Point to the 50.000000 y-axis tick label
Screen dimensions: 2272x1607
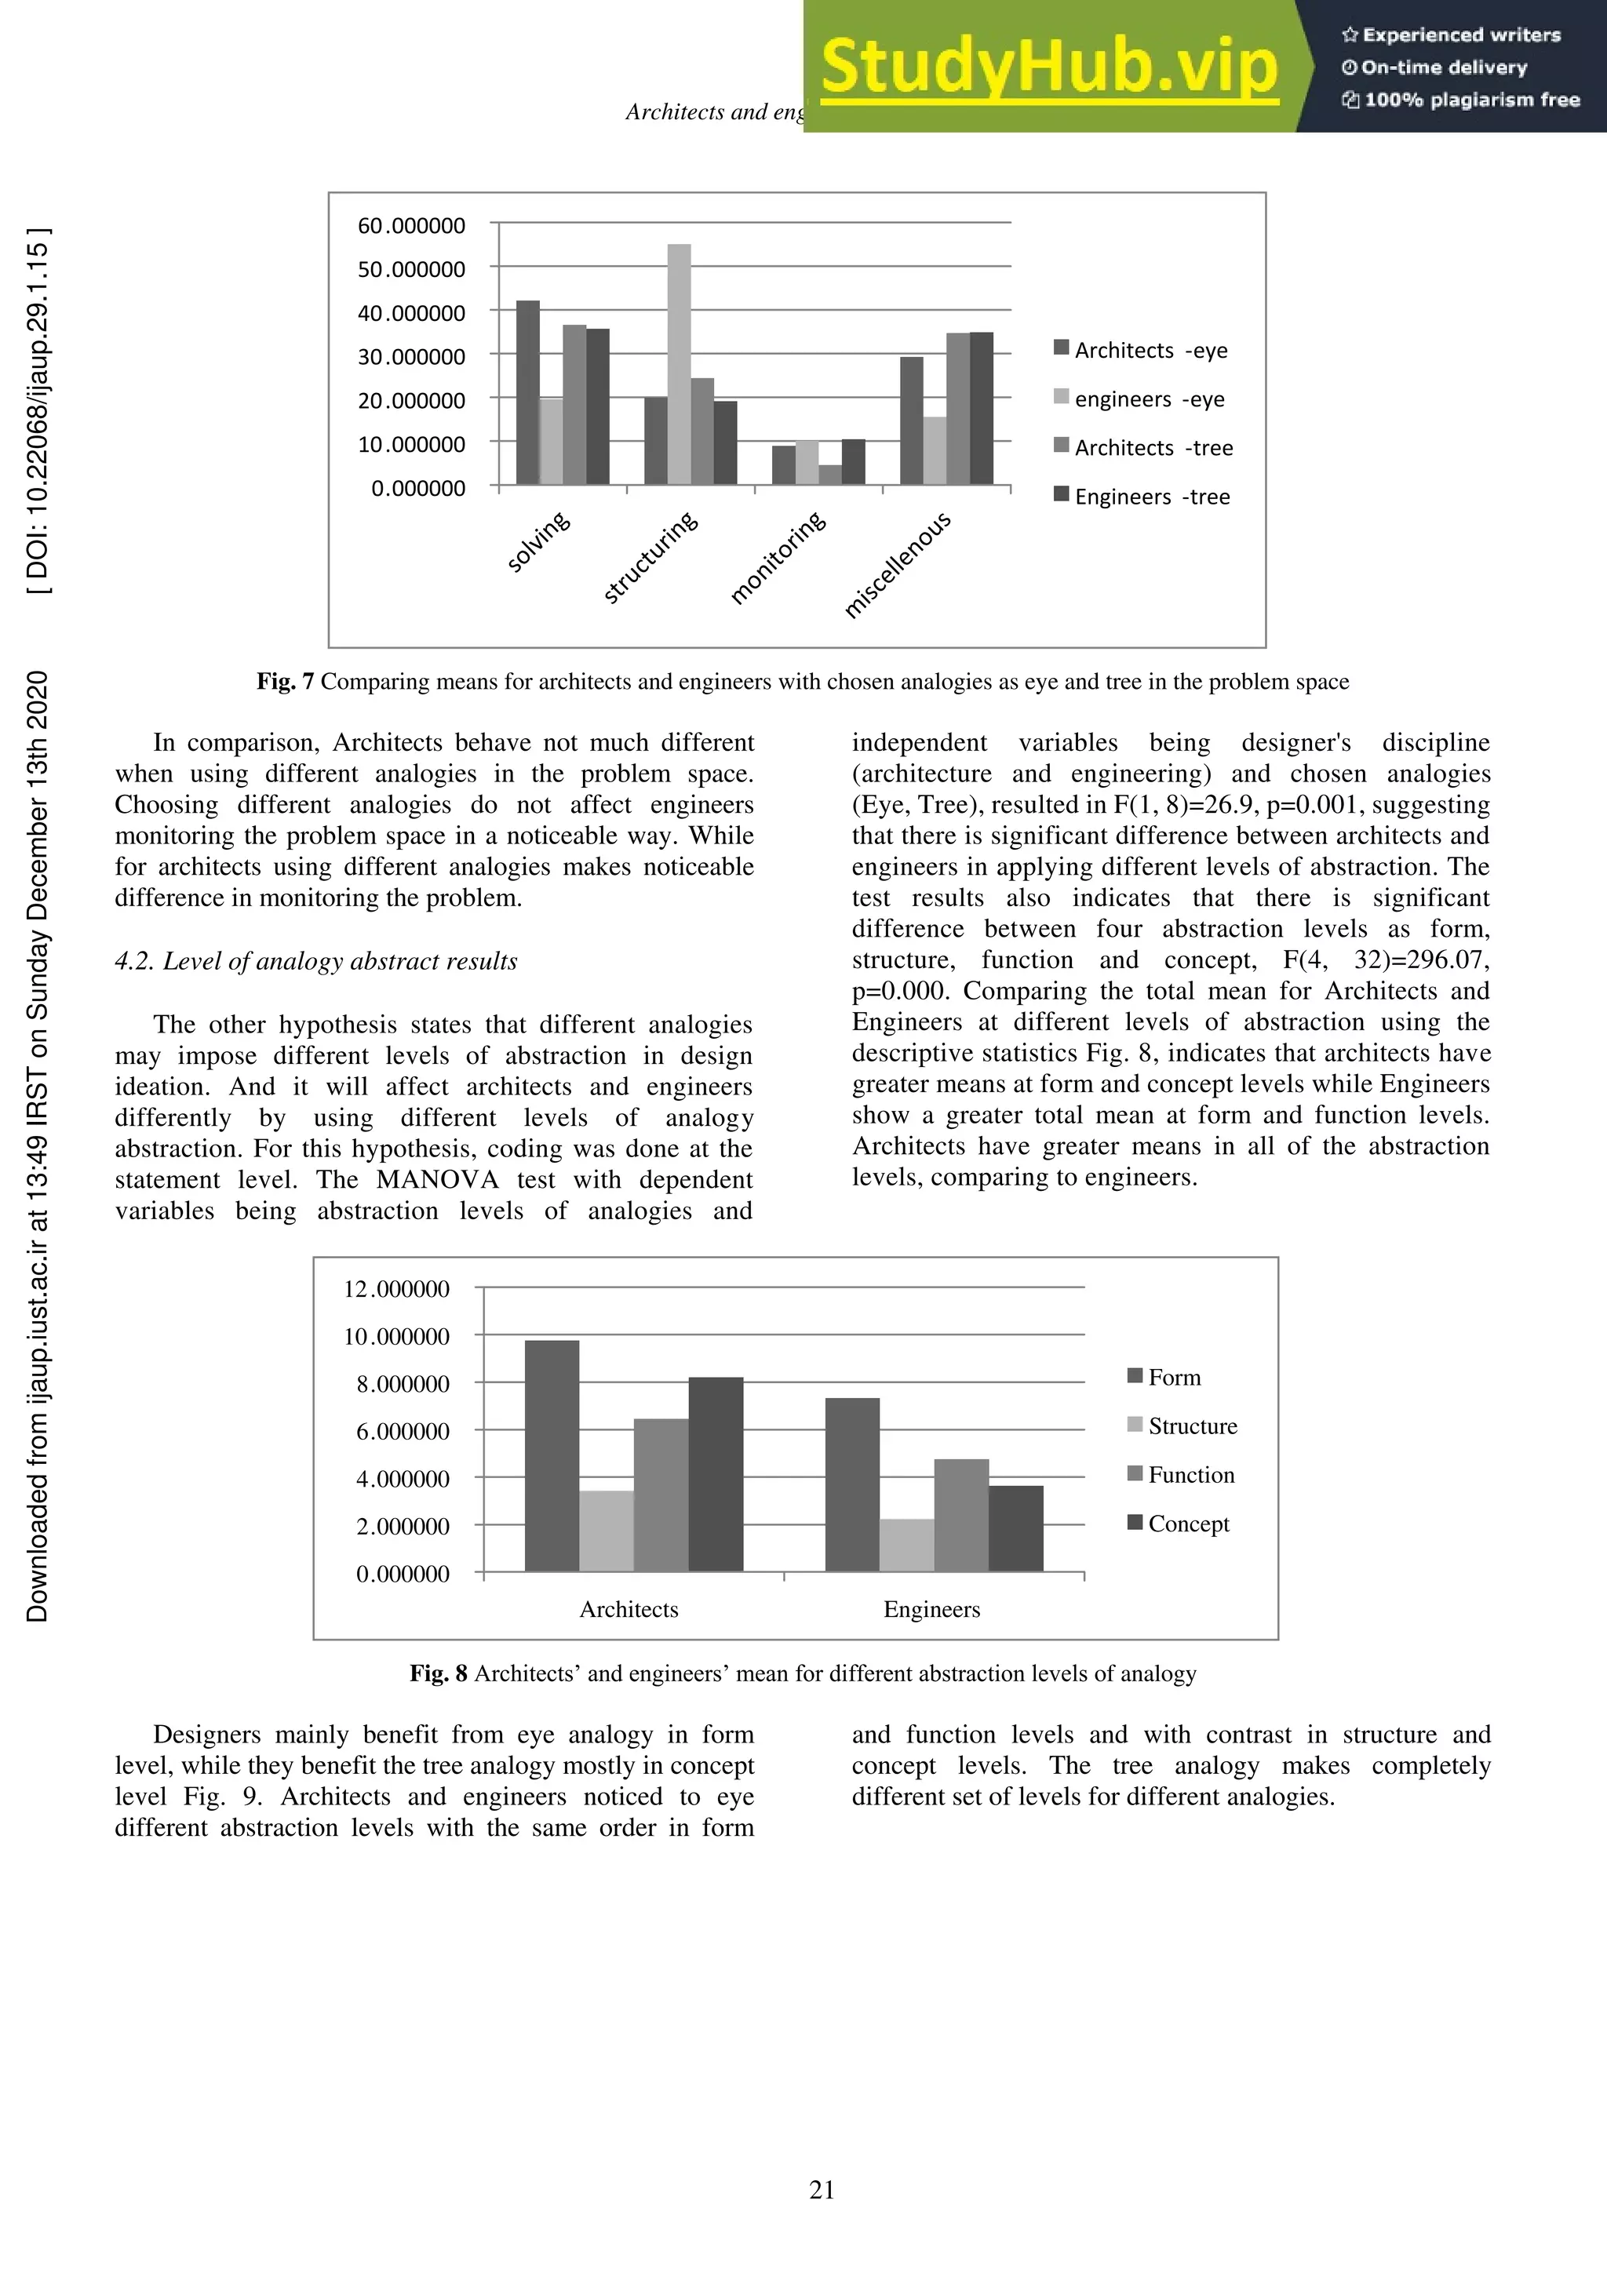click(x=410, y=269)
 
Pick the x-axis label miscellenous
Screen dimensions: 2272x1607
click(x=898, y=564)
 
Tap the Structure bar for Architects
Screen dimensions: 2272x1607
click(x=606, y=1530)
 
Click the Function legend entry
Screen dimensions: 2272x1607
click(x=1190, y=1474)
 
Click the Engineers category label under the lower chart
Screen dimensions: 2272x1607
click(x=931, y=1609)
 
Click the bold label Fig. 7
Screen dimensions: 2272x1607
click(x=285, y=681)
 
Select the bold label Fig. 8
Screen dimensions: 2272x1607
click(x=439, y=1673)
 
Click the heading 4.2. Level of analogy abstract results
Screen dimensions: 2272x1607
click(x=315, y=961)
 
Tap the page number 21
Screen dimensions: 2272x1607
click(x=822, y=2190)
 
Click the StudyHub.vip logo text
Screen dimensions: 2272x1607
click(x=1049, y=67)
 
